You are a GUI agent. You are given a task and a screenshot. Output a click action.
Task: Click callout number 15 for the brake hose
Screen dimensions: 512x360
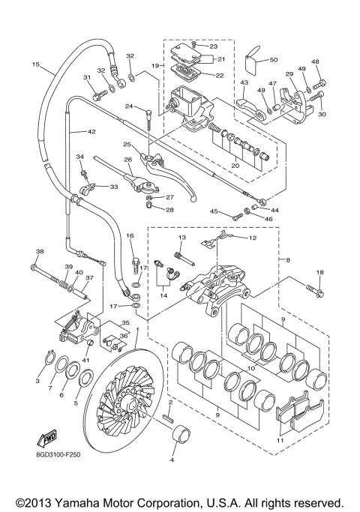(34, 65)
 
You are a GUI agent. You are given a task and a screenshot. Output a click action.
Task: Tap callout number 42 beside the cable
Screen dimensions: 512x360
(92, 132)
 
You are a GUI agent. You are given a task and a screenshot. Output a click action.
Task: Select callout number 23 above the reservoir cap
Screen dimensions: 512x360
(213, 46)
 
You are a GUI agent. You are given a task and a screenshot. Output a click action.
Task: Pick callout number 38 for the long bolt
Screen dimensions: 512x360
(40, 251)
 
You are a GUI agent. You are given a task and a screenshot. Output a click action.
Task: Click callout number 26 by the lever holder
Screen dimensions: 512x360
(127, 159)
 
